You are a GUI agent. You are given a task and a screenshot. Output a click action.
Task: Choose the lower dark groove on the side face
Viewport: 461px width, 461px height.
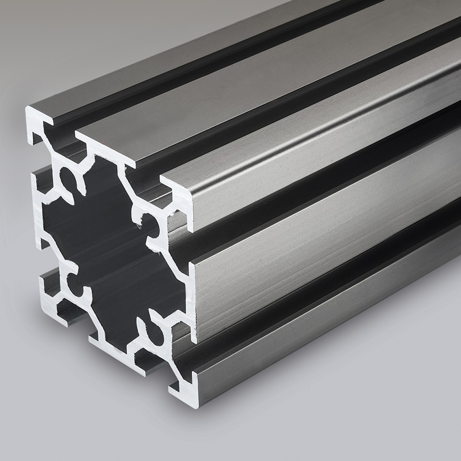323,300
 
